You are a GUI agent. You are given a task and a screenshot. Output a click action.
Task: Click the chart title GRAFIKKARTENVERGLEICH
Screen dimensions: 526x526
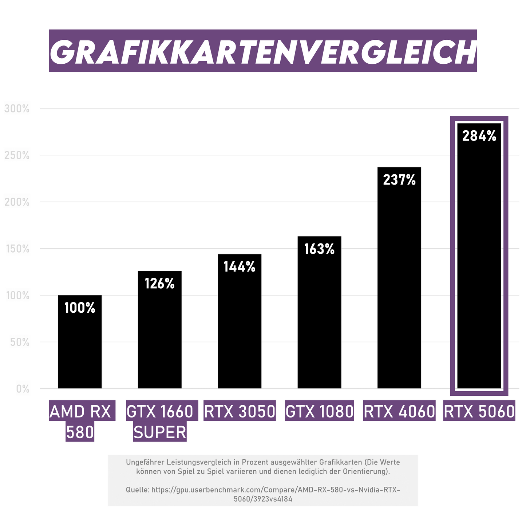point(263,51)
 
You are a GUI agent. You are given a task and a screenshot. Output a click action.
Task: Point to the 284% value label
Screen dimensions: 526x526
point(479,136)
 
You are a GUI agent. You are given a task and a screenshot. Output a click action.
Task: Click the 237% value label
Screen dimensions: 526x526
point(399,180)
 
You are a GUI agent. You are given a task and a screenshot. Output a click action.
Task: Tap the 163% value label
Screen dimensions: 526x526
point(319,249)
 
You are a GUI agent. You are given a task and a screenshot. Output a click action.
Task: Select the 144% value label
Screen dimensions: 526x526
point(240,267)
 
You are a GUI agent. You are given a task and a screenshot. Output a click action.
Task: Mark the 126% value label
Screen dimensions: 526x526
point(159,284)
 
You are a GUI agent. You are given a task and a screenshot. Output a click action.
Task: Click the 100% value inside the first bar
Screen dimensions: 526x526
point(80,308)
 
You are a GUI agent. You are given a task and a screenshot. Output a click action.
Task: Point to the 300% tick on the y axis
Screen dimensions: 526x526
point(17,108)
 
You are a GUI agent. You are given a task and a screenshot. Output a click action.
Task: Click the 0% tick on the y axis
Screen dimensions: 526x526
point(23,389)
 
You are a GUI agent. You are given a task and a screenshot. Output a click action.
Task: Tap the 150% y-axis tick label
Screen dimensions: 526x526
point(17,249)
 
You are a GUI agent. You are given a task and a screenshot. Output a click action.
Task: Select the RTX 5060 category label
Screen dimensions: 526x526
point(479,412)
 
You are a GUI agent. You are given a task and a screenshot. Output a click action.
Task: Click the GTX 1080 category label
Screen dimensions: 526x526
point(319,412)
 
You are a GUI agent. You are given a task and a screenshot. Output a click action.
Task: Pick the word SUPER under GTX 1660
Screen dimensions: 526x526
point(160,432)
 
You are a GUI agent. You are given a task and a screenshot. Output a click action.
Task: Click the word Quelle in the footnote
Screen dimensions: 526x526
point(137,490)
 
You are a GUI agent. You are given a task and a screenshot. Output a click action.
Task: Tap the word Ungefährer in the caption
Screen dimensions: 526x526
point(144,462)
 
